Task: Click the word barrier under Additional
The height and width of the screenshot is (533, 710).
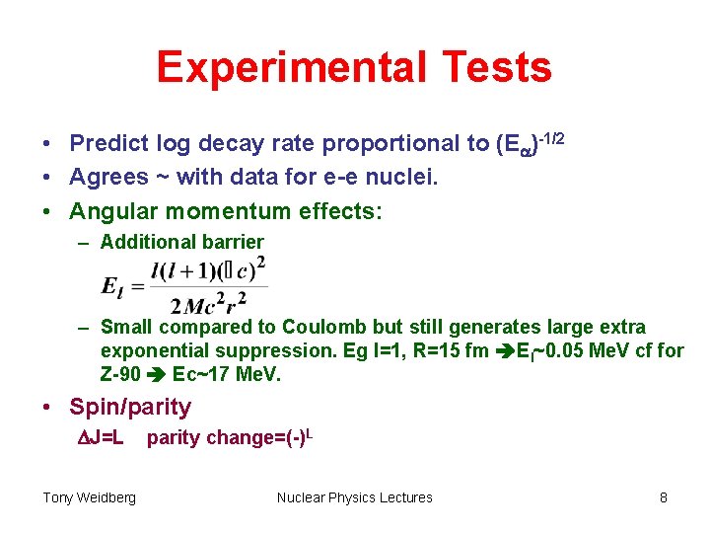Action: pyautogui.click(x=232, y=242)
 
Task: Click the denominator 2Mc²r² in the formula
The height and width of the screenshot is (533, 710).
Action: pyautogui.click(x=207, y=302)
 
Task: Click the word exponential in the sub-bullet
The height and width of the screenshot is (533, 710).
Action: pyautogui.click(x=149, y=351)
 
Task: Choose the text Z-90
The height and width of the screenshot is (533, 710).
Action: pyautogui.click(x=120, y=375)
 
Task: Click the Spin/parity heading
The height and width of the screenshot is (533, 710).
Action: pyautogui.click(x=130, y=407)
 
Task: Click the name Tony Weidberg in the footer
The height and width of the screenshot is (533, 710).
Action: pyautogui.click(x=89, y=497)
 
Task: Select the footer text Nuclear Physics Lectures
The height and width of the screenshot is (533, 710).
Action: pyautogui.click(x=355, y=497)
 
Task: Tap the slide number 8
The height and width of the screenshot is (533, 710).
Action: pyautogui.click(x=664, y=497)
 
